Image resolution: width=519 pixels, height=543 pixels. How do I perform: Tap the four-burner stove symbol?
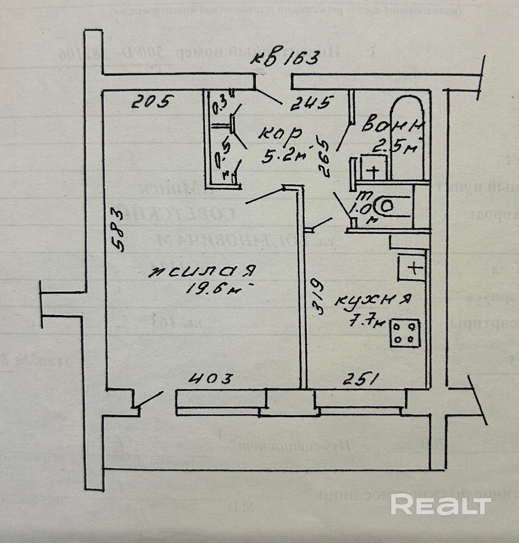click(x=405, y=333)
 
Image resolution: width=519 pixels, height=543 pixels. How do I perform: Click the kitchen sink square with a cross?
click(x=412, y=267)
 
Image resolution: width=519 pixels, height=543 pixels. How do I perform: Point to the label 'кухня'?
click(x=372, y=300)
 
